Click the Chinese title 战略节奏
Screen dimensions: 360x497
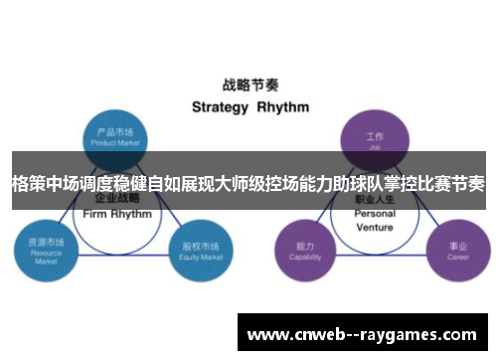(x=248, y=86)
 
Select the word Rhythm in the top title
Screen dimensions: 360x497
(x=283, y=106)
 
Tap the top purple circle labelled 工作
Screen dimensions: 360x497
(x=374, y=136)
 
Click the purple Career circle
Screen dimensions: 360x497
(x=458, y=249)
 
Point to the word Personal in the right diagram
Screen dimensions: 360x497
(x=375, y=214)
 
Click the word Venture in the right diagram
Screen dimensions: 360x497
(x=375, y=227)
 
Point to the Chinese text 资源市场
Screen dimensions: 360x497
(x=46, y=242)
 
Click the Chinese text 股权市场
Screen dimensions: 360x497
(x=199, y=243)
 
